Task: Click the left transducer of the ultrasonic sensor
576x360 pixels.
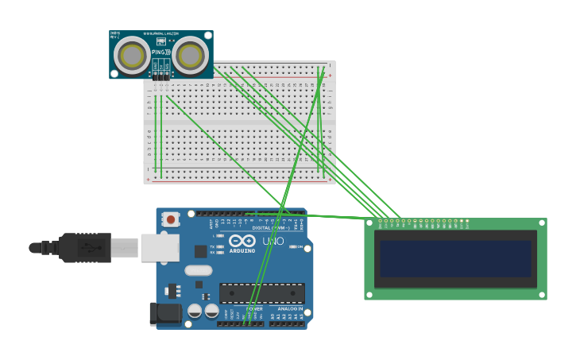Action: coord(131,55)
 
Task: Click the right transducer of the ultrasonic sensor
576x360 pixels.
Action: coord(191,55)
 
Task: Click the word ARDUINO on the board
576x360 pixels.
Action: coord(243,250)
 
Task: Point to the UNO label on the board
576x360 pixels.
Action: coord(273,241)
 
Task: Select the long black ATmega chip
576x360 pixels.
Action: coord(261,293)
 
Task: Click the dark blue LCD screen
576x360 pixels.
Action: coord(455,258)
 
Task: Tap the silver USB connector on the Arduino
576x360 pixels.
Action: coord(160,247)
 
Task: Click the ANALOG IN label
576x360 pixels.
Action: coord(286,308)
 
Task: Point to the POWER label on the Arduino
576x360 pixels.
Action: coord(254,308)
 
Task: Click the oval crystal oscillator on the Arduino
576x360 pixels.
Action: coord(198,270)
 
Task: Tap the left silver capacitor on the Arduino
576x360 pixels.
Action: coord(195,311)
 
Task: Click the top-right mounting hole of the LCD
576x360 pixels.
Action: coord(542,223)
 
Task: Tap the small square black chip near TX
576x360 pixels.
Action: coord(200,251)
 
